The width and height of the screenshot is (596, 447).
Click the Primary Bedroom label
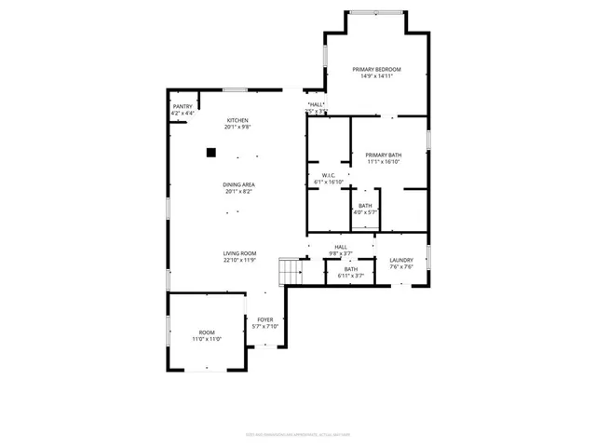click(x=375, y=70)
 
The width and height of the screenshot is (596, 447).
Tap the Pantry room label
click(x=182, y=106)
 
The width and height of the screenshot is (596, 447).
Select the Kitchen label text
click(x=238, y=120)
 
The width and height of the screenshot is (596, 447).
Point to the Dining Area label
click(x=238, y=184)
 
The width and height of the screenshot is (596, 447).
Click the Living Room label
click(x=238, y=253)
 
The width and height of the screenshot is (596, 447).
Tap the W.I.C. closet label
click(x=329, y=175)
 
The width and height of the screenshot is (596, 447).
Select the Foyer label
click(x=265, y=319)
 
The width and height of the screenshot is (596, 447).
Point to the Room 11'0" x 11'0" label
click(x=206, y=332)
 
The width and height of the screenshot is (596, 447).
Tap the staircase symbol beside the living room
click(x=291, y=272)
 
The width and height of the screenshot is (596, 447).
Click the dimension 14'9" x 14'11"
click(x=376, y=76)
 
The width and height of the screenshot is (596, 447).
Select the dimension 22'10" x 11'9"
click(x=239, y=261)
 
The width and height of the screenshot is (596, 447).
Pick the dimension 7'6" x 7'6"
click(x=400, y=267)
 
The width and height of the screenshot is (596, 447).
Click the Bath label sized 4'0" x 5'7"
click(x=365, y=206)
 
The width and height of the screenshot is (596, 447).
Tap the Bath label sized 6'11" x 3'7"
click(x=350, y=269)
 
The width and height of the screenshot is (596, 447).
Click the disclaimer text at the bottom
click(x=298, y=433)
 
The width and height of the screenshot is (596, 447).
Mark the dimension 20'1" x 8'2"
click(x=239, y=192)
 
